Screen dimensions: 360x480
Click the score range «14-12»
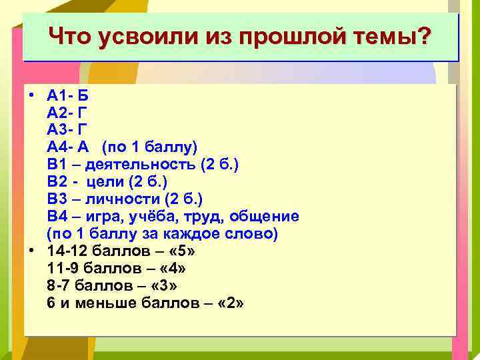coord(67,251)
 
